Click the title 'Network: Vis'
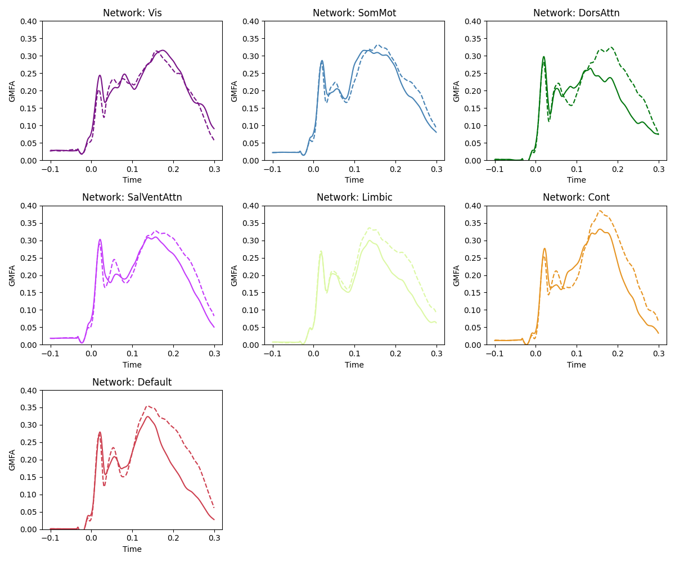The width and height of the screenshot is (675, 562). pyautogui.click(x=132, y=13)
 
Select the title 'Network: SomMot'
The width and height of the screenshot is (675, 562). pyautogui.click(x=354, y=13)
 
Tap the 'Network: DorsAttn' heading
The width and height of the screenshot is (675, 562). pyautogui.click(x=576, y=13)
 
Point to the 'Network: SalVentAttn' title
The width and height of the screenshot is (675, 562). pyautogui.click(x=132, y=197)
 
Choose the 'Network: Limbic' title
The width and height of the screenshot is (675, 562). pyautogui.click(x=354, y=197)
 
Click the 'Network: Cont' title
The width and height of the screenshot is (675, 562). pyautogui.click(x=576, y=197)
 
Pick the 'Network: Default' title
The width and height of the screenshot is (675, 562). pyautogui.click(x=132, y=382)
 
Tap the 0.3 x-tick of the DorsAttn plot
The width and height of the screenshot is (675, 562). pyautogui.click(x=659, y=169)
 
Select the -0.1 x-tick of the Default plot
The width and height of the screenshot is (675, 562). pyautogui.click(x=50, y=538)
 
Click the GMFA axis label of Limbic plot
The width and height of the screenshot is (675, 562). pyautogui.click(x=235, y=275)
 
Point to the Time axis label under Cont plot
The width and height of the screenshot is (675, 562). pyautogui.click(x=576, y=365)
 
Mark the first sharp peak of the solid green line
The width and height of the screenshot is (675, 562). pyautogui.click(x=544, y=57)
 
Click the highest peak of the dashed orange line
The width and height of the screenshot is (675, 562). pyautogui.click(x=600, y=211)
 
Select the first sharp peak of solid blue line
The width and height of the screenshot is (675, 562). pyautogui.click(x=322, y=61)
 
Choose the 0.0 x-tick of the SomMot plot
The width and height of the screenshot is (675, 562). pyautogui.click(x=313, y=169)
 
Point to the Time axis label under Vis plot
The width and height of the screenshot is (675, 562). pyautogui.click(x=132, y=180)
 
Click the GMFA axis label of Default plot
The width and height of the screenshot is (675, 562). pyautogui.click(x=12, y=460)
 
